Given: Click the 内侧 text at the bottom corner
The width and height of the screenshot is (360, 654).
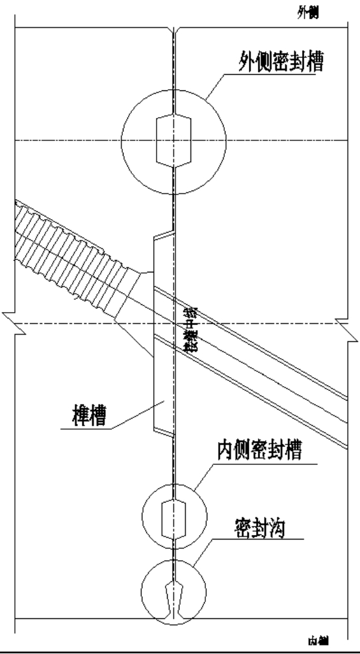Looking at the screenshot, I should [x=316, y=641].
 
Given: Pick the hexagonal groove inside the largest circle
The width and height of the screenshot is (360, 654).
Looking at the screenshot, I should [x=174, y=140].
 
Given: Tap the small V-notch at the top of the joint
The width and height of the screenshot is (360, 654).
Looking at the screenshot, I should [x=174, y=32].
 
